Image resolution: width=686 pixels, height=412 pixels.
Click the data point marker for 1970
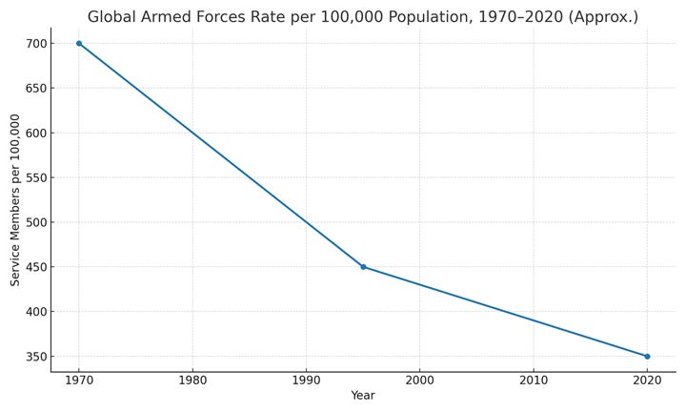coord(79,43)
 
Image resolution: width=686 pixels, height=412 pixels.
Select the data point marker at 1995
coord(363,267)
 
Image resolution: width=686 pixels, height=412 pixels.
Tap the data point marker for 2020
coord(647,357)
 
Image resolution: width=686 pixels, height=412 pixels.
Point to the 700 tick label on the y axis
coord(36,43)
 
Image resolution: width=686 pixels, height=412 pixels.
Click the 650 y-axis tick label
coord(36,88)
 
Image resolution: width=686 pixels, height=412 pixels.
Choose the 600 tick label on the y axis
coord(36,133)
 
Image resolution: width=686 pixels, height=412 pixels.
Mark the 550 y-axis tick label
coord(36,177)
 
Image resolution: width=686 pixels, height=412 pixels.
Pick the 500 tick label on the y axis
coord(36,222)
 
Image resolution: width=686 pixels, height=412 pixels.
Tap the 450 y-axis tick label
coord(36,267)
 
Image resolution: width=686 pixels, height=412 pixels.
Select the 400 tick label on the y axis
coord(36,311)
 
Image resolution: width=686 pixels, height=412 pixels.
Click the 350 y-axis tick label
coord(36,357)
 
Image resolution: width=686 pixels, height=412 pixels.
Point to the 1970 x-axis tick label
coord(79,380)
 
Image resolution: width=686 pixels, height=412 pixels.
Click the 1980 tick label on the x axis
coord(192,380)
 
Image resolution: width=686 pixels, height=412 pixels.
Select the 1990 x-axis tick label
coord(306,380)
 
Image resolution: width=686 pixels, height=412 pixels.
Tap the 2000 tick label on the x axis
coord(420,380)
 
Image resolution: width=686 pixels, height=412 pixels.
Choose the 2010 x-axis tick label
coord(534,380)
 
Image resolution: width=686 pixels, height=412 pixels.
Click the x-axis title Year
coord(363,396)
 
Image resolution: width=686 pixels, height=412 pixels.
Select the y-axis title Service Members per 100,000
coord(15,199)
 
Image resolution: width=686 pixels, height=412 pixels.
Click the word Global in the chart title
coord(111,16)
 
